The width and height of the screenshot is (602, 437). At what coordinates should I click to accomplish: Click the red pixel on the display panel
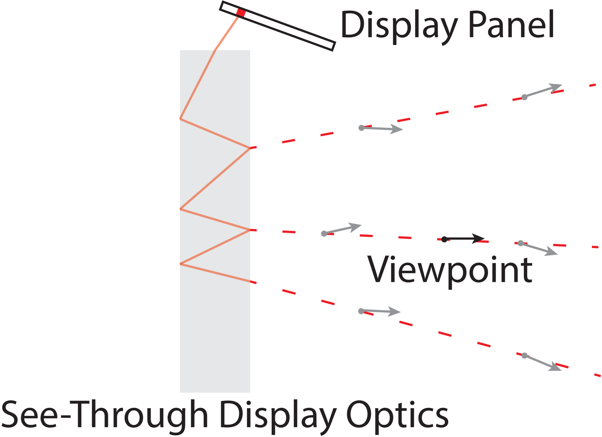tap(241, 13)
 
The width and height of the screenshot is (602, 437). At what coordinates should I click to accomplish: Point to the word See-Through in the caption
tap(105, 415)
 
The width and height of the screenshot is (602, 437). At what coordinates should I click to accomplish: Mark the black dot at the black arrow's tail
tap(444, 239)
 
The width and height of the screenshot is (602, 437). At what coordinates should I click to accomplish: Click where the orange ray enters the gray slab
tap(215, 50)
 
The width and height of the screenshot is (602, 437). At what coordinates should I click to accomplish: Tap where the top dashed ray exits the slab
tap(250, 148)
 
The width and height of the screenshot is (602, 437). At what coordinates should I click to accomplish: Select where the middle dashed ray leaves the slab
tap(250, 230)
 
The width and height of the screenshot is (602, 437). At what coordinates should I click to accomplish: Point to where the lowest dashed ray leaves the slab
tap(250, 281)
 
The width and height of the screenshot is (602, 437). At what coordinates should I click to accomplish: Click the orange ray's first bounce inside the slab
tap(180, 118)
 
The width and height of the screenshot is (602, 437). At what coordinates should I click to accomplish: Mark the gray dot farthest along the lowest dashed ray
tap(524, 355)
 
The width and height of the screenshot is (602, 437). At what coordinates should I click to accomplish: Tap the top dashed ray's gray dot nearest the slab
tap(361, 128)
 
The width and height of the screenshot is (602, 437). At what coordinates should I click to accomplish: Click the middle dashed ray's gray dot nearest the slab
tap(324, 234)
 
